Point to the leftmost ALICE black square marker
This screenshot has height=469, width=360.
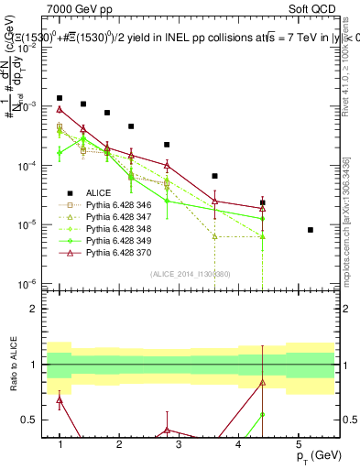[x=60, y=97]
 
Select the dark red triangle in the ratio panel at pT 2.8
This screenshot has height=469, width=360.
[x=167, y=430]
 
